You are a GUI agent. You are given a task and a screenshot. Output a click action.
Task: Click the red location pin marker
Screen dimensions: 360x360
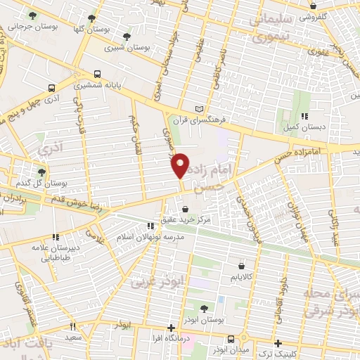[181, 164]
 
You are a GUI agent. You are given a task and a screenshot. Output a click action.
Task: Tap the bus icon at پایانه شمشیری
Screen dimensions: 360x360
[97, 72]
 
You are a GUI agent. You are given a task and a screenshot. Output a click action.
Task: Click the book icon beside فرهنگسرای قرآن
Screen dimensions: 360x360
[199, 108]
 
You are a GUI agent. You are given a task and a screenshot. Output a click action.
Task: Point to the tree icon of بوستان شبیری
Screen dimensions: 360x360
[126, 37]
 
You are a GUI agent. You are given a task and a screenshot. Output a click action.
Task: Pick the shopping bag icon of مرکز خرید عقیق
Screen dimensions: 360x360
[185, 209]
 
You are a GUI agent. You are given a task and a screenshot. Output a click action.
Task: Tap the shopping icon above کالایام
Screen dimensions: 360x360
[242, 266]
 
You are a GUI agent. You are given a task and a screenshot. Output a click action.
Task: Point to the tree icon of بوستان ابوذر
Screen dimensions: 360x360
[204, 308]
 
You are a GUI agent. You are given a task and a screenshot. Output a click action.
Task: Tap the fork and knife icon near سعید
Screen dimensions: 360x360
[72, 326]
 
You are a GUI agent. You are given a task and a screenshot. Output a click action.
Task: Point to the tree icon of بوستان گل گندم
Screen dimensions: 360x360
[41, 172]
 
